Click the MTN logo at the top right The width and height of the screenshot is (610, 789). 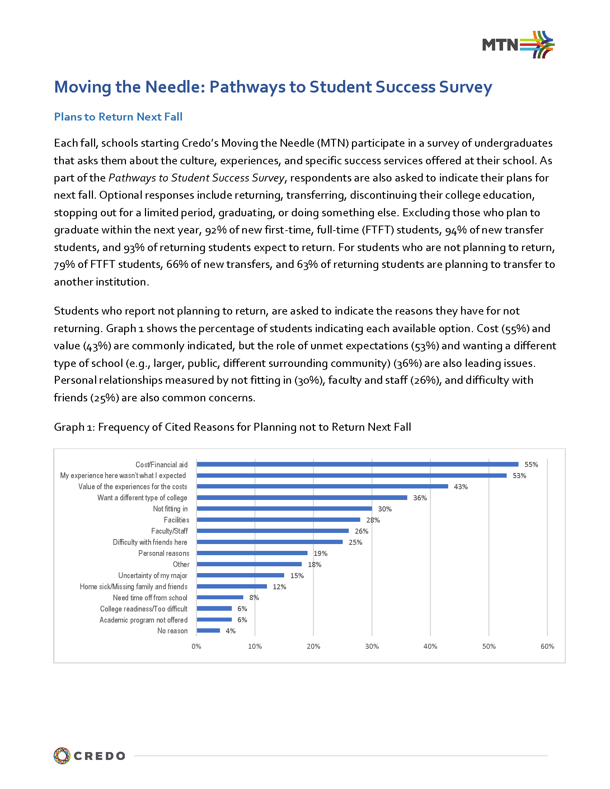[518, 45]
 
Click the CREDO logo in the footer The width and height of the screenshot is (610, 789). [90, 756]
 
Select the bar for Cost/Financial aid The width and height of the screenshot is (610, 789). [357, 464]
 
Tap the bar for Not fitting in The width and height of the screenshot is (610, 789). [284, 509]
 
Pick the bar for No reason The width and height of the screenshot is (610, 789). [208, 631]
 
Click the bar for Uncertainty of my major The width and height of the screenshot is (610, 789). [240, 575]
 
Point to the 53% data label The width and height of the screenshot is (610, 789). [519, 476]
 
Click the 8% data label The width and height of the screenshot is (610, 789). [254, 597]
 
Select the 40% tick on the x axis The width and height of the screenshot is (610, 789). [430, 646]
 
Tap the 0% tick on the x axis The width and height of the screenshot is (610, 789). [196, 646]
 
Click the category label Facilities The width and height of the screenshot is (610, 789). [176, 520]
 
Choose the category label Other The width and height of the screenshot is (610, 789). [181, 564]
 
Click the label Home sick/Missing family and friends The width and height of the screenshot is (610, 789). [133, 587]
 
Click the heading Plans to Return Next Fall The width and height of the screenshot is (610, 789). [118, 117]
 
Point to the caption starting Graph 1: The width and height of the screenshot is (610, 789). [233, 427]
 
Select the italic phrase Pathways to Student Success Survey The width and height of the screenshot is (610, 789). [197, 178]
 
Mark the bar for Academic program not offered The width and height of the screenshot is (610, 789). [214, 620]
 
